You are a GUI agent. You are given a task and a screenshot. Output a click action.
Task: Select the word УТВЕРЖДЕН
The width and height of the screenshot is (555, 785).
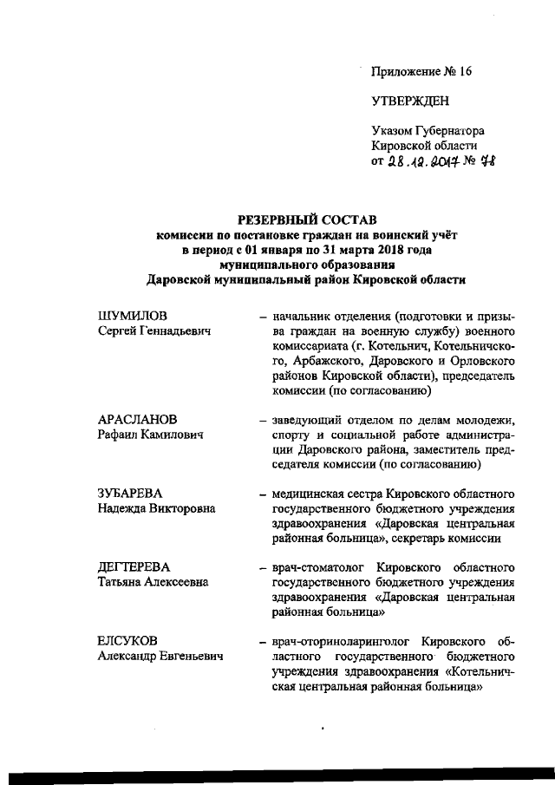pos(410,101)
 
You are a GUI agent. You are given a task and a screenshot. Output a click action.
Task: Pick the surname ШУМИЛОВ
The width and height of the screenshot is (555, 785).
pos(131,315)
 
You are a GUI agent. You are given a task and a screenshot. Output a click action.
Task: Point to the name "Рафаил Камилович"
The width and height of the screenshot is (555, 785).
pos(150,435)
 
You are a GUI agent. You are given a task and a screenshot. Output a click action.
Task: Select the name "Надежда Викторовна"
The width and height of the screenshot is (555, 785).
pos(156,508)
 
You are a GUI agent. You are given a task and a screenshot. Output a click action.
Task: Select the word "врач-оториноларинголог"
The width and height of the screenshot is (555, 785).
pos(337,641)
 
